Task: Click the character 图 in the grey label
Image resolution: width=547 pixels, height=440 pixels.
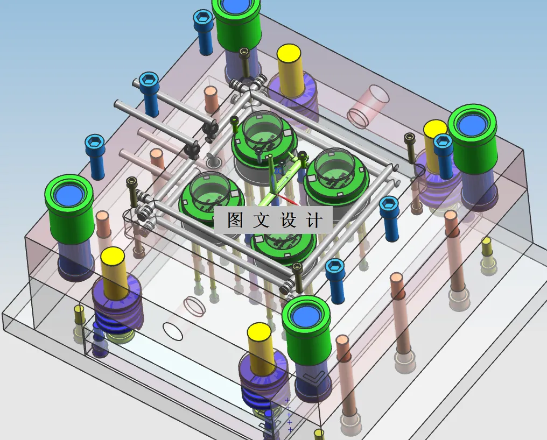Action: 235,220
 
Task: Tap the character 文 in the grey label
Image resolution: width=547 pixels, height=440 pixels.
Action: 261,220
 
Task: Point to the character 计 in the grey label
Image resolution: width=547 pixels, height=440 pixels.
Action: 314,220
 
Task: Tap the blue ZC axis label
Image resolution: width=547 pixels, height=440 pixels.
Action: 278,171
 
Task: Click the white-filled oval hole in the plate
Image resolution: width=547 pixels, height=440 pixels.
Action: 173,331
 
